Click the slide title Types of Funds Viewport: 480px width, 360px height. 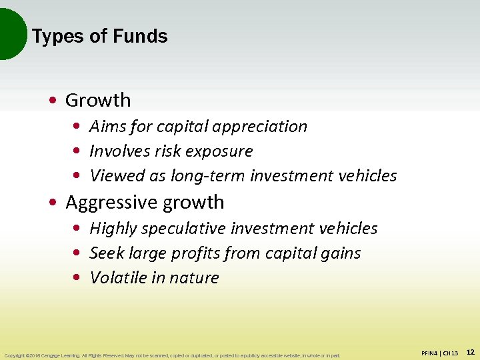[x=99, y=36]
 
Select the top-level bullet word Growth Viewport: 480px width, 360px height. [x=98, y=101]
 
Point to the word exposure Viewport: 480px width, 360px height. [x=222, y=151]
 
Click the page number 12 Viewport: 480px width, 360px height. [x=470, y=351]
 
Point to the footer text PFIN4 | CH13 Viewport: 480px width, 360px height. [x=440, y=352]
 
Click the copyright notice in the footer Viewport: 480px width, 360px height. [x=171, y=355]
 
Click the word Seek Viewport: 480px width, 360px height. [x=105, y=253]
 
